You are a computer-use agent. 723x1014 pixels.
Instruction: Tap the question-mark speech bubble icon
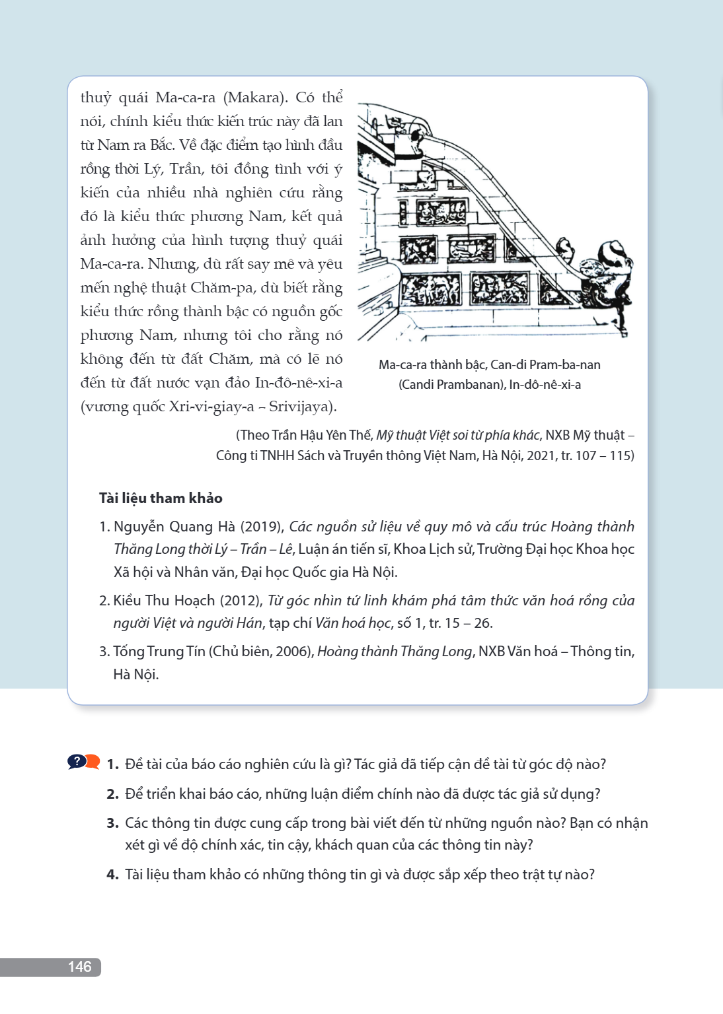pyautogui.click(x=83, y=762)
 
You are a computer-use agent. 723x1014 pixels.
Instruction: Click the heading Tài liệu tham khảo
pyautogui.click(x=161, y=498)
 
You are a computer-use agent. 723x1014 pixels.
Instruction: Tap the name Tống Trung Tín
pyautogui.click(x=159, y=652)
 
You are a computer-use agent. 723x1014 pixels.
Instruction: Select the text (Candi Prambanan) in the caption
pyautogui.click(x=452, y=384)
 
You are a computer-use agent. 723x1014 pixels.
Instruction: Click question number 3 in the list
pyautogui.click(x=112, y=823)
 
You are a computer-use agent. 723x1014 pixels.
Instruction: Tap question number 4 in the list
pyautogui.click(x=112, y=875)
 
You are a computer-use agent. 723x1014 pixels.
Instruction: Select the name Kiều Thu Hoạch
pyautogui.click(x=164, y=600)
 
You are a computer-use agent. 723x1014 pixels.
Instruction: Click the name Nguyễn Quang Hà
pyautogui.click(x=174, y=526)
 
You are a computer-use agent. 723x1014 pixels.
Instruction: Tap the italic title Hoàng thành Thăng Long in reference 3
pyautogui.click(x=395, y=652)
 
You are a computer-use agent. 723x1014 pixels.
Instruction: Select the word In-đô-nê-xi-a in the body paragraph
pyautogui.click(x=299, y=382)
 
